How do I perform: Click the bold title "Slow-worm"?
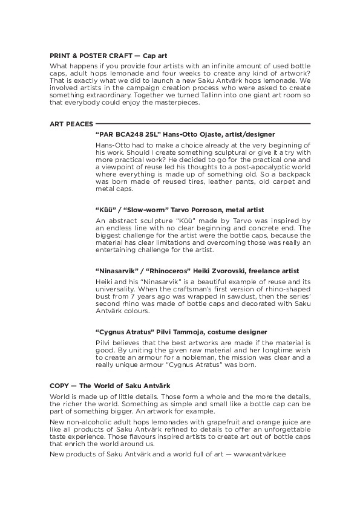[x=140, y=209]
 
